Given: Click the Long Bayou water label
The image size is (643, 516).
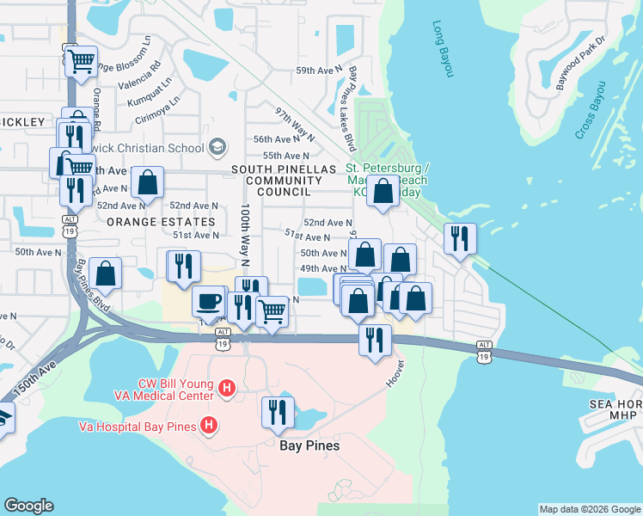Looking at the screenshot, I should point(443,49).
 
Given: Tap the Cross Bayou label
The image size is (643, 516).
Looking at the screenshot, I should point(591,109).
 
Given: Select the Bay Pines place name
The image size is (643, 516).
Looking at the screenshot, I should point(309,445).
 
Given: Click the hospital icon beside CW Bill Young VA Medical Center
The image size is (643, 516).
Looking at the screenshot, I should point(227,390).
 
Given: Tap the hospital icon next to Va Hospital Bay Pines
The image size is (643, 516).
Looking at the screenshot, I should point(207,425).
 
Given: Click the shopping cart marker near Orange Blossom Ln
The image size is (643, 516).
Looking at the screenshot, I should point(81,60).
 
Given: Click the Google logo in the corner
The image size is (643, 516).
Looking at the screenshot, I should point(28,506).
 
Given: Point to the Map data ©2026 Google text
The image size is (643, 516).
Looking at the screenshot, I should point(589,509).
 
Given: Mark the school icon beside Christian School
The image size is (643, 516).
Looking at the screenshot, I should point(216,146).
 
